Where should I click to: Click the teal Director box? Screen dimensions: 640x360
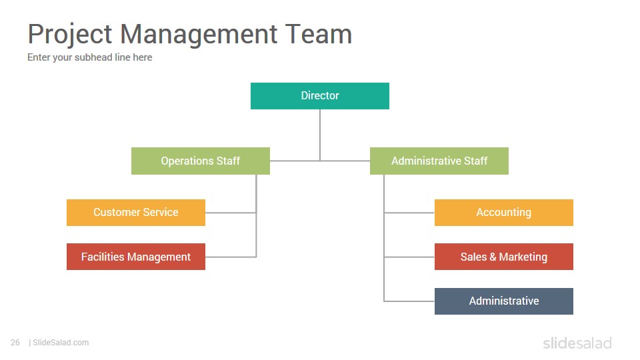tap(319, 96)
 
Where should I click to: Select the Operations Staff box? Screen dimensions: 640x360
tap(201, 161)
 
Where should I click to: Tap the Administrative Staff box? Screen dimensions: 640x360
tap(439, 161)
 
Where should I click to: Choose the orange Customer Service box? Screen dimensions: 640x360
tap(136, 212)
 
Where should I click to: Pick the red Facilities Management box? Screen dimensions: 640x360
tap(136, 257)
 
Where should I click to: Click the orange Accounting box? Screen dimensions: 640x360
tap(504, 212)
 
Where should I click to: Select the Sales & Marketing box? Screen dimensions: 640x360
tap(504, 257)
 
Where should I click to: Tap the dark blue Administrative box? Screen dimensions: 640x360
tap(504, 301)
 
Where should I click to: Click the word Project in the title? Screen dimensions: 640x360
tap(70, 35)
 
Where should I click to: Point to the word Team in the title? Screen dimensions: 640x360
tap(319, 34)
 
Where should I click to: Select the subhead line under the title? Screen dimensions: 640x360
tap(90, 57)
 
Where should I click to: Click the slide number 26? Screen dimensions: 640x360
tap(15, 343)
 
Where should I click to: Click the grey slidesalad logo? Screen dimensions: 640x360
tap(577, 343)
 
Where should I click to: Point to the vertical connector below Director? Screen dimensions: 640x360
tap(320, 135)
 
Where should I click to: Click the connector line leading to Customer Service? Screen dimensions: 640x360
tap(231, 213)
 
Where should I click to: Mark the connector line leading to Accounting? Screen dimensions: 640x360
tap(409, 213)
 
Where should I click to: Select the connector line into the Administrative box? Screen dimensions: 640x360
tap(409, 301)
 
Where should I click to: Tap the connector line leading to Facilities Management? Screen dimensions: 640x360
tap(231, 257)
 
